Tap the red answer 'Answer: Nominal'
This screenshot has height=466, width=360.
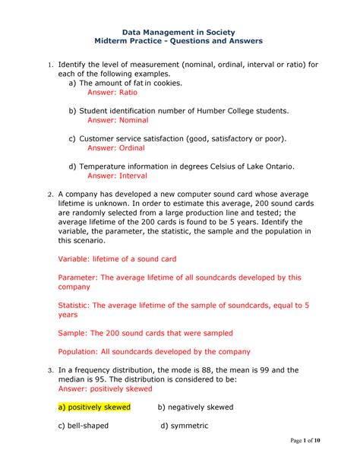pos(118,120)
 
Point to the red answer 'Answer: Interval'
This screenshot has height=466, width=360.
pos(118,176)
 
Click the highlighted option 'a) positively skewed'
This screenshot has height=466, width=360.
pos(94,407)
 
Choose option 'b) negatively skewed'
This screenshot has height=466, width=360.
pos(195,407)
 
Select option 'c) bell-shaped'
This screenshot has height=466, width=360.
pos(84,425)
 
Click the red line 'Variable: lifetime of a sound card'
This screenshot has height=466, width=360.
pos(117,258)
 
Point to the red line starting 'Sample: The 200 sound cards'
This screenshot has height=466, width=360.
pos(145,333)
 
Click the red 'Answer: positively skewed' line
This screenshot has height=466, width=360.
pos(110,388)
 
